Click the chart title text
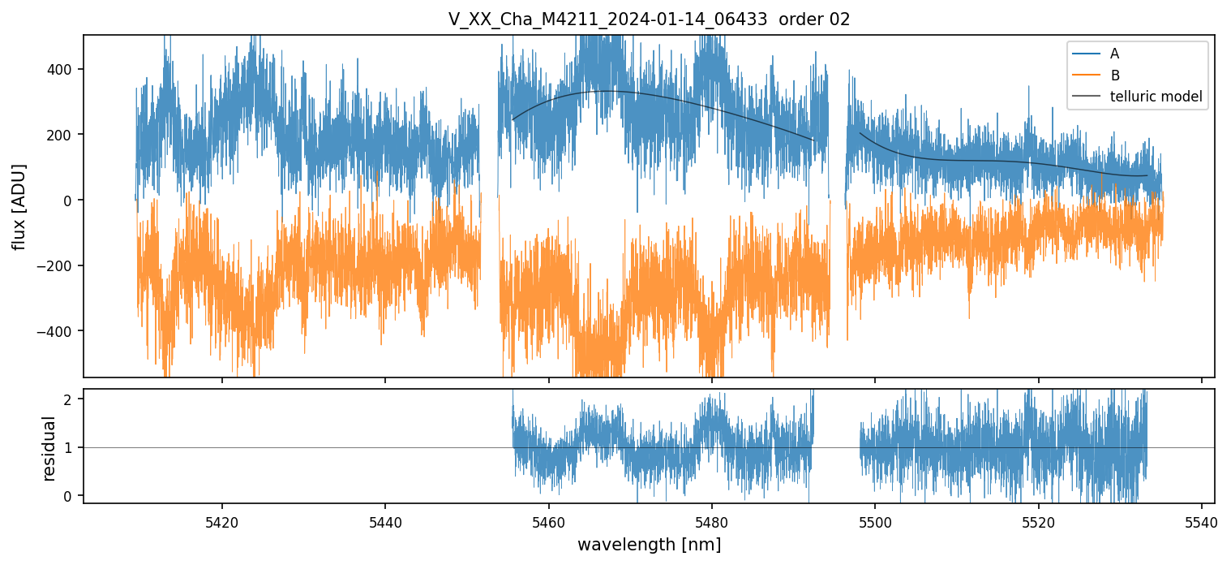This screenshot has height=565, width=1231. click(x=649, y=19)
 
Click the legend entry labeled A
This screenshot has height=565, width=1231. click(x=1114, y=54)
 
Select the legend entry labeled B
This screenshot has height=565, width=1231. click(x=1114, y=75)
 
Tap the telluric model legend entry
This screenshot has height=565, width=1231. click(x=1156, y=98)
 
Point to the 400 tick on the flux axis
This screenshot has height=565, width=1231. click(x=64, y=69)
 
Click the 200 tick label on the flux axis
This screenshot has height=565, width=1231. click(x=64, y=135)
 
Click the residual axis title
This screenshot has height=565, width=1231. click(x=49, y=447)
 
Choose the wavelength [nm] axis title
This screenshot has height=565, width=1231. click(x=649, y=544)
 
